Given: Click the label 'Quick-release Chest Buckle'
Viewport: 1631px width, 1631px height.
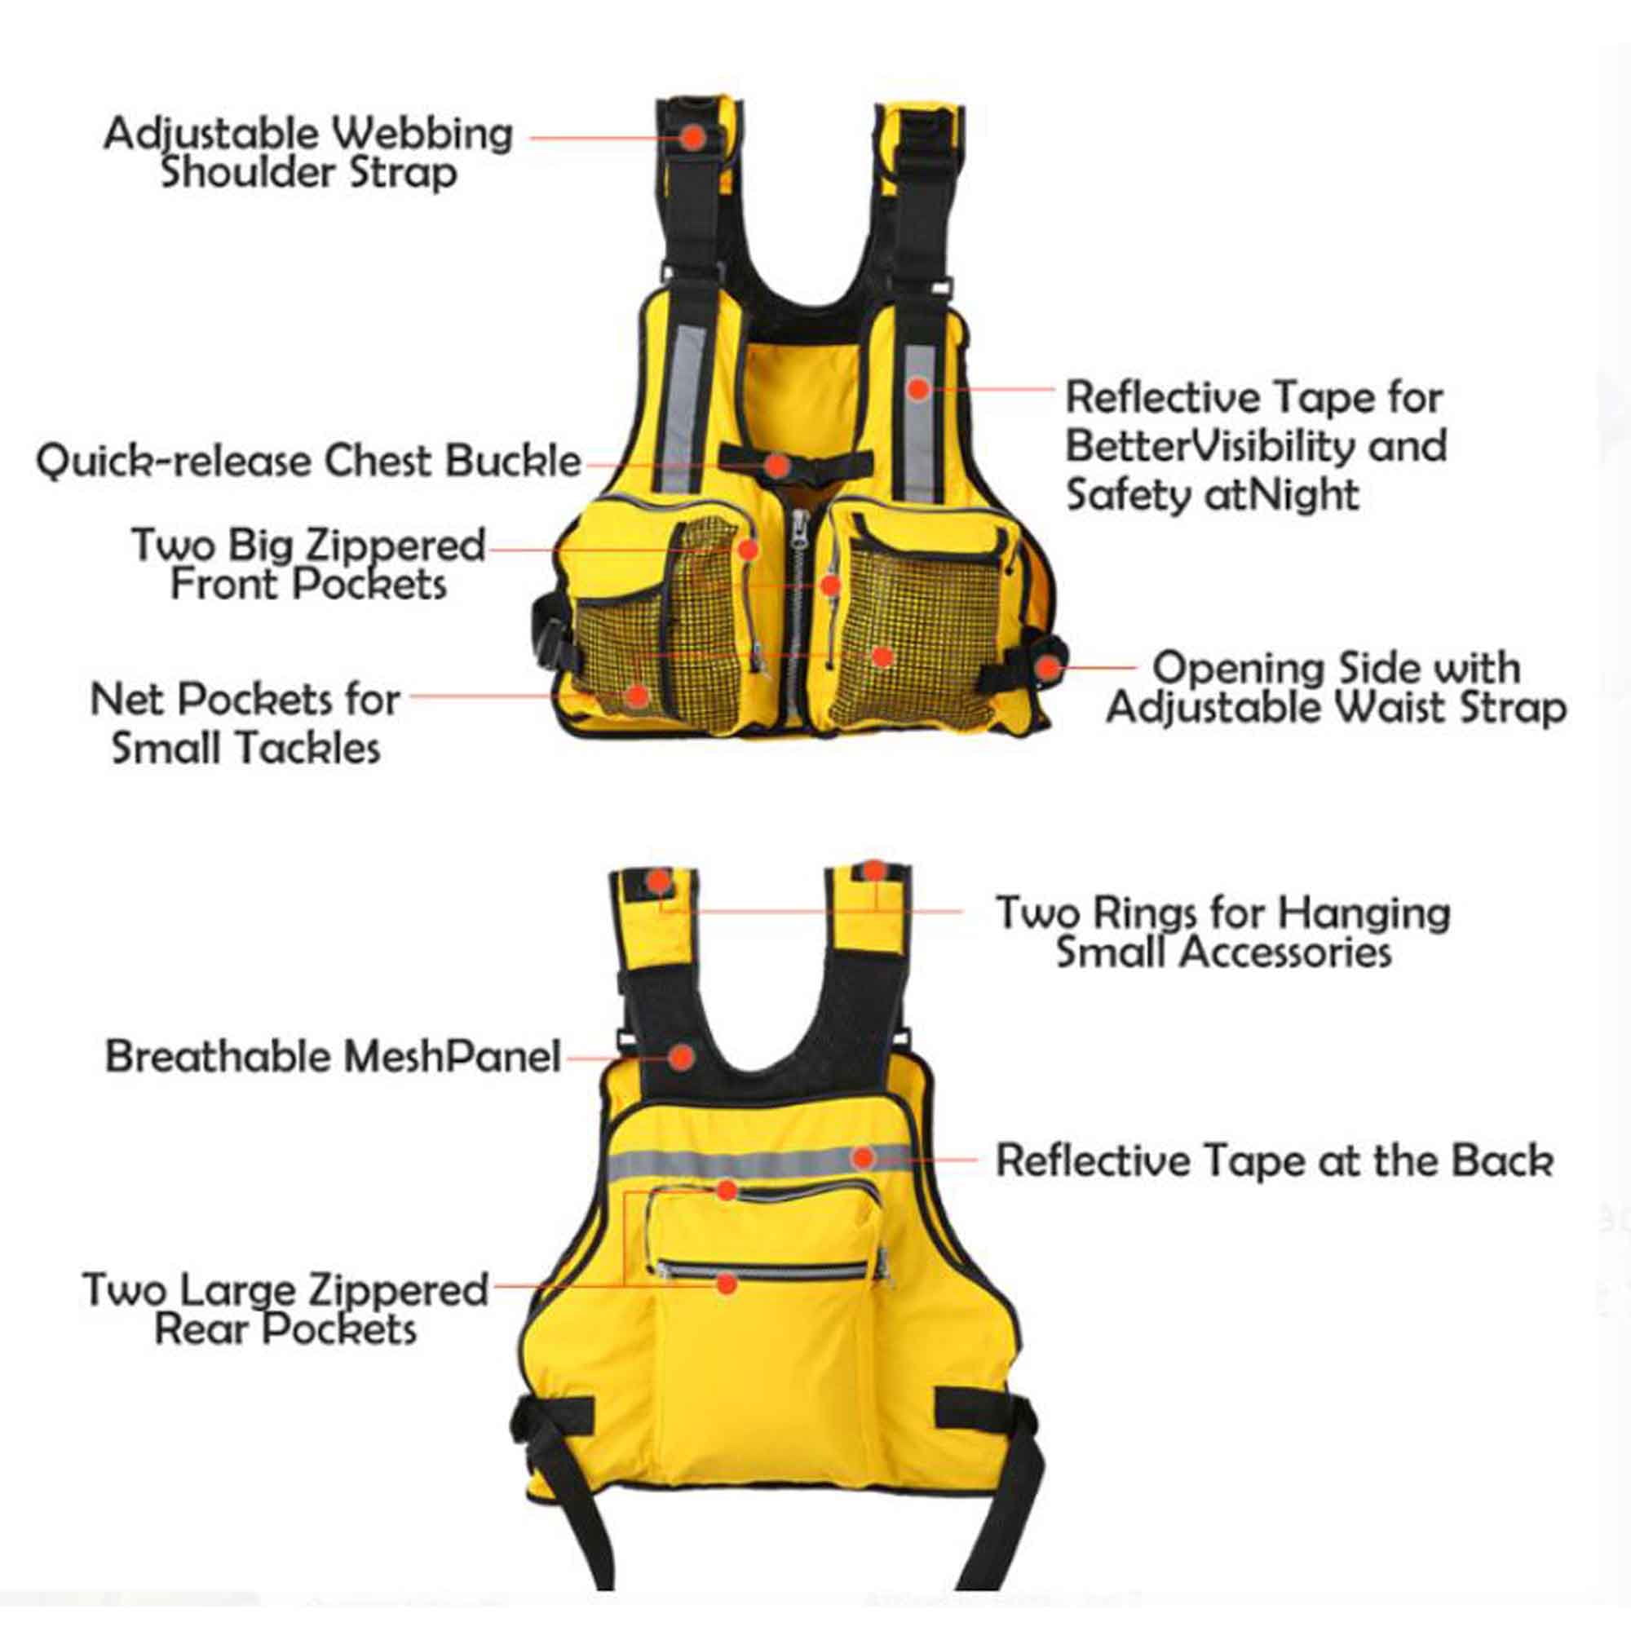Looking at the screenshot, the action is point(309,462).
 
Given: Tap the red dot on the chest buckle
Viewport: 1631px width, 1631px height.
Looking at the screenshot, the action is point(778,464).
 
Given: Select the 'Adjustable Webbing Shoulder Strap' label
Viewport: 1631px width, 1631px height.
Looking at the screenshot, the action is point(308,154).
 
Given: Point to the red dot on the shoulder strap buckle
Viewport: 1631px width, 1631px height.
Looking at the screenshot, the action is point(693,137).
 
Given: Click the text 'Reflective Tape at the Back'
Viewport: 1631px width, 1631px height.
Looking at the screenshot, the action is point(1275,1160).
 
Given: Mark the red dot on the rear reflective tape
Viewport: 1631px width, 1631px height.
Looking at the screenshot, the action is point(862,1156).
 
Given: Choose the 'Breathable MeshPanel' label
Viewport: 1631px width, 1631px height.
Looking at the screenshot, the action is point(333,1056).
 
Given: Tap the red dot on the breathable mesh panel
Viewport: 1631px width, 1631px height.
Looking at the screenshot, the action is point(681,1055).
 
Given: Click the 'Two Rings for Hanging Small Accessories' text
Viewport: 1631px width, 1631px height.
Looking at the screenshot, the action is point(1223,932).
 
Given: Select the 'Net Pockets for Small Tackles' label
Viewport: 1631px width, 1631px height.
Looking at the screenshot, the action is point(245,723).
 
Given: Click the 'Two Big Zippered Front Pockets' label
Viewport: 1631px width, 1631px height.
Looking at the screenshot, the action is point(309,564).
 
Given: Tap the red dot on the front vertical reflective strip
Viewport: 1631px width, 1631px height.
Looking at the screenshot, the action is point(919,389).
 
